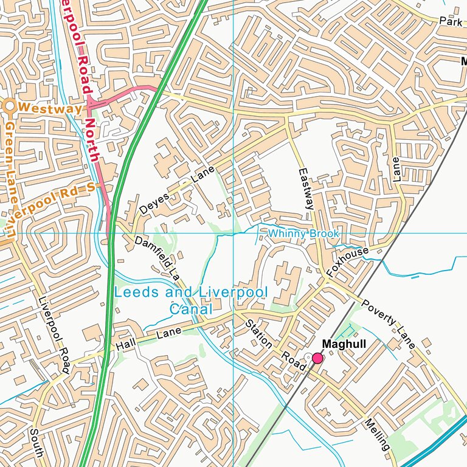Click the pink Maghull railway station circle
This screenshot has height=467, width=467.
(x=317, y=358)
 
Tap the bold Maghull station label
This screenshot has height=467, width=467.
(x=344, y=344)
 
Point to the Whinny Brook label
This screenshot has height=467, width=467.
(x=303, y=233)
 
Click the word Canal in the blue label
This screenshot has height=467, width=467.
(x=190, y=309)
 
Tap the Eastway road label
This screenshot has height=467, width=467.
(x=305, y=189)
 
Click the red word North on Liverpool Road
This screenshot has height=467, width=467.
(x=92, y=139)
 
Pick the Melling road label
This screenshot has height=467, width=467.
(x=377, y=434)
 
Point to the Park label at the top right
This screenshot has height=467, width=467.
(x=451, y=21)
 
